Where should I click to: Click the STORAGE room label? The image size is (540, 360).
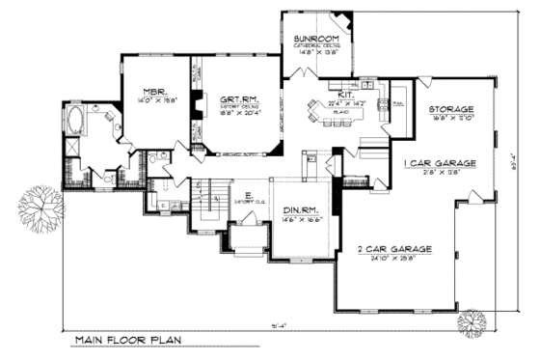451,110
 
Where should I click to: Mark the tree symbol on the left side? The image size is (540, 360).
40,205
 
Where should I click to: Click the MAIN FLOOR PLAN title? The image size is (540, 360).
128,341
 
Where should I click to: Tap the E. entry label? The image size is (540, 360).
248,196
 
